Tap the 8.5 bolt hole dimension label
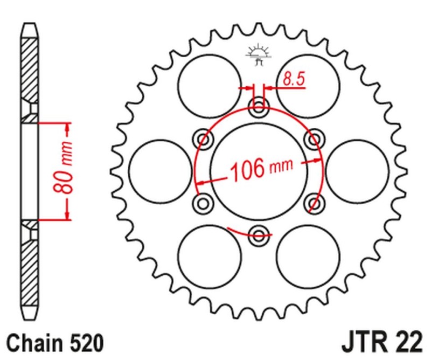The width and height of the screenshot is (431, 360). coord(294,80)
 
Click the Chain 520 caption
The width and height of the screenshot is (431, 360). coord(54,343)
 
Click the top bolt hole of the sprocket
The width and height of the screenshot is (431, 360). coord(259,106)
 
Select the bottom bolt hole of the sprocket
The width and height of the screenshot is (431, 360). coord(259,234)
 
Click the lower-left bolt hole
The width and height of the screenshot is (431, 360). coord(203,202)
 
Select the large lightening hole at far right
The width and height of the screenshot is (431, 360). coord(357,170)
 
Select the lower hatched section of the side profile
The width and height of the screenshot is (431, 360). coord(31,269)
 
